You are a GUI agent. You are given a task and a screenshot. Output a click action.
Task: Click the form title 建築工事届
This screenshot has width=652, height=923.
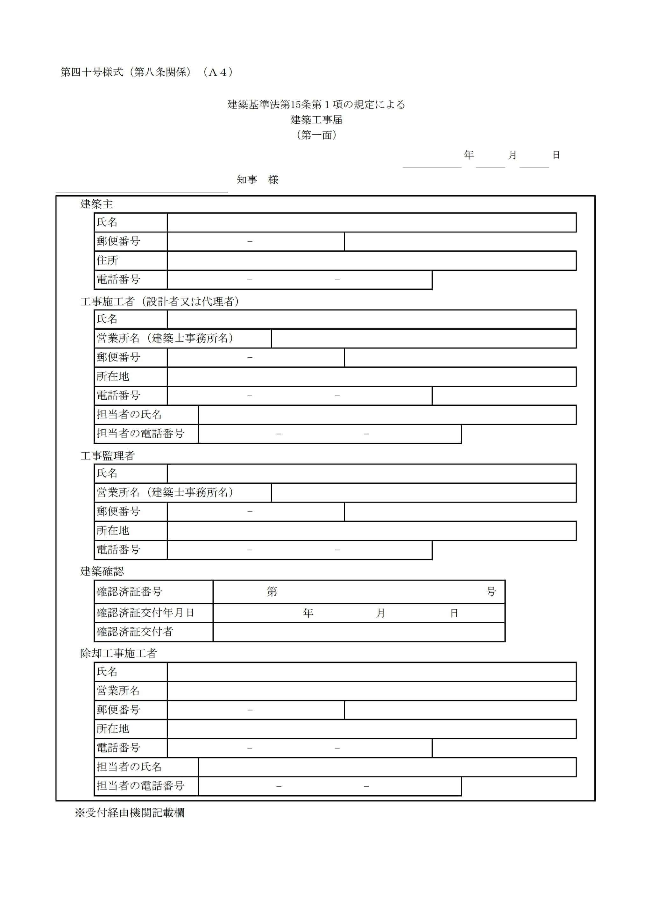(316, 119)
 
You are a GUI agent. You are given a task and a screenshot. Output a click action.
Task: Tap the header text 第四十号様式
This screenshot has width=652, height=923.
(92, 72)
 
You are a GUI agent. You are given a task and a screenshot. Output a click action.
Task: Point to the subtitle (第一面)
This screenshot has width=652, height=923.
(316, 135)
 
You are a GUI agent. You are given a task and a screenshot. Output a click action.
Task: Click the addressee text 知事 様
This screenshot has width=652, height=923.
(257, 180)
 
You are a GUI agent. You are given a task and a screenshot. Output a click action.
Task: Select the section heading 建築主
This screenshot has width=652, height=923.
(96, 204)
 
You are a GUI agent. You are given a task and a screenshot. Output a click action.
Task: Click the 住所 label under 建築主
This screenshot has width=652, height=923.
(107, 261)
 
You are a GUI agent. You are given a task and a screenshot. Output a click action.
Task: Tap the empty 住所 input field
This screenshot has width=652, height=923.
(371, 261)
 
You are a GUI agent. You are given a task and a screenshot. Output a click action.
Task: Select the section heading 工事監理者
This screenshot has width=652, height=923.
(107, 455)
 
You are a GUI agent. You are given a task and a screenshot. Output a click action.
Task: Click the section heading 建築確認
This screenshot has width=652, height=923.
(102, 571)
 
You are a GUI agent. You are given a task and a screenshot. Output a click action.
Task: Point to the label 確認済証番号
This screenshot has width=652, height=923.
(129, 592)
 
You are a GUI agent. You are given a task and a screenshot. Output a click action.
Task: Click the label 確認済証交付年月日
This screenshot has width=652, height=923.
(145, 613)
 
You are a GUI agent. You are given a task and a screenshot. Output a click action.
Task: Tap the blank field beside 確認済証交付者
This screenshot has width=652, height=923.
(358, 632)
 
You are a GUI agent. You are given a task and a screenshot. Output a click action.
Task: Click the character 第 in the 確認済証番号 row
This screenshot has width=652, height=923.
(272, 592)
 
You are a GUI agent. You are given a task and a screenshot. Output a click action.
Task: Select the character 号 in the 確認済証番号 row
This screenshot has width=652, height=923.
(491, 592)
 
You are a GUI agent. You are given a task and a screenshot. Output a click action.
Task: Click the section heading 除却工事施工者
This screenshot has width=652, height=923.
(118, 653)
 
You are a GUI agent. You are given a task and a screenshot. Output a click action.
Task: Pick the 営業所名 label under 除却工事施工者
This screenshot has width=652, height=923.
(118, 690)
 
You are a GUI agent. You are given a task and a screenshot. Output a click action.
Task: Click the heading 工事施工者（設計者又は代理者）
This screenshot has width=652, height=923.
(160, 302)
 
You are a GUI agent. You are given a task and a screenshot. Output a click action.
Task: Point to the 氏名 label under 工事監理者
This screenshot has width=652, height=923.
(107, 474)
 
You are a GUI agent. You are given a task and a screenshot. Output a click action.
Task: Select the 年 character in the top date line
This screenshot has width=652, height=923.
(469, 155)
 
